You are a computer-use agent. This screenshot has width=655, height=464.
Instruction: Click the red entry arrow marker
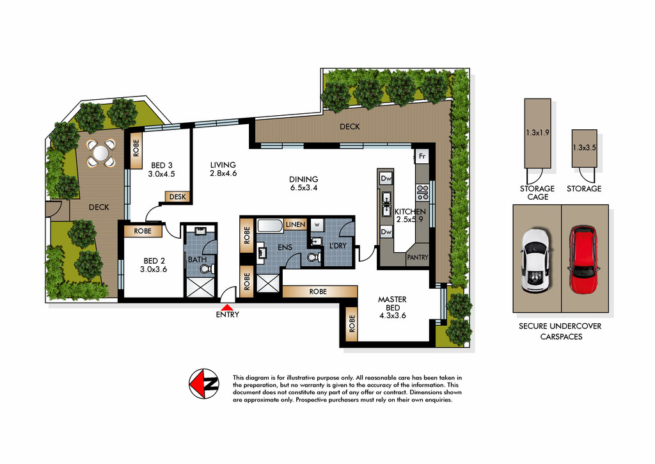227,307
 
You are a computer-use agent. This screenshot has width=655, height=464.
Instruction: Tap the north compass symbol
204,384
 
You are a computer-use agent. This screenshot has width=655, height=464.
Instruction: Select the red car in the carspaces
583,260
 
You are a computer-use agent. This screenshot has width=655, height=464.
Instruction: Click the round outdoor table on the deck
100,153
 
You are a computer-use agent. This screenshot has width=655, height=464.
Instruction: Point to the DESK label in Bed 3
178,196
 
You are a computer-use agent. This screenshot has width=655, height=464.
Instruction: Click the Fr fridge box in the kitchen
422,156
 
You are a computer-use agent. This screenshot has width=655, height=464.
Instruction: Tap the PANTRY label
418,257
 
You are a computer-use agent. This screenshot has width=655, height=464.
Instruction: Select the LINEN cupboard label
296,225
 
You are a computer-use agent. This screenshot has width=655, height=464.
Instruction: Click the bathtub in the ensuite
271,226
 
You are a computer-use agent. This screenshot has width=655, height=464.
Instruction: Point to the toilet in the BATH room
208,269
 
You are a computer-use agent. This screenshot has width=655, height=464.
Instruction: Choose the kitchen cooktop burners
423,192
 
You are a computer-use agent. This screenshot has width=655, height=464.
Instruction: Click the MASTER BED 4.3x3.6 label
392,307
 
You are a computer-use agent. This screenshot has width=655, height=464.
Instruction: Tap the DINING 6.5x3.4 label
304,184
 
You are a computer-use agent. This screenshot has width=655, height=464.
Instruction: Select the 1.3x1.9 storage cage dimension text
537,132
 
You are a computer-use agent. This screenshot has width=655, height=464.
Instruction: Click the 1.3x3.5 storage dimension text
585,148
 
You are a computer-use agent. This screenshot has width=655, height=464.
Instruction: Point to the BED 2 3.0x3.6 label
154,265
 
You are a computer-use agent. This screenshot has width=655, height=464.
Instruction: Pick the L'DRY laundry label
338,245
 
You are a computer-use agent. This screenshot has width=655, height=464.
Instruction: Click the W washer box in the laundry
317,225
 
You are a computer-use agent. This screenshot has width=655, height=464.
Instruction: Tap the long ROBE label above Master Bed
318,291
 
